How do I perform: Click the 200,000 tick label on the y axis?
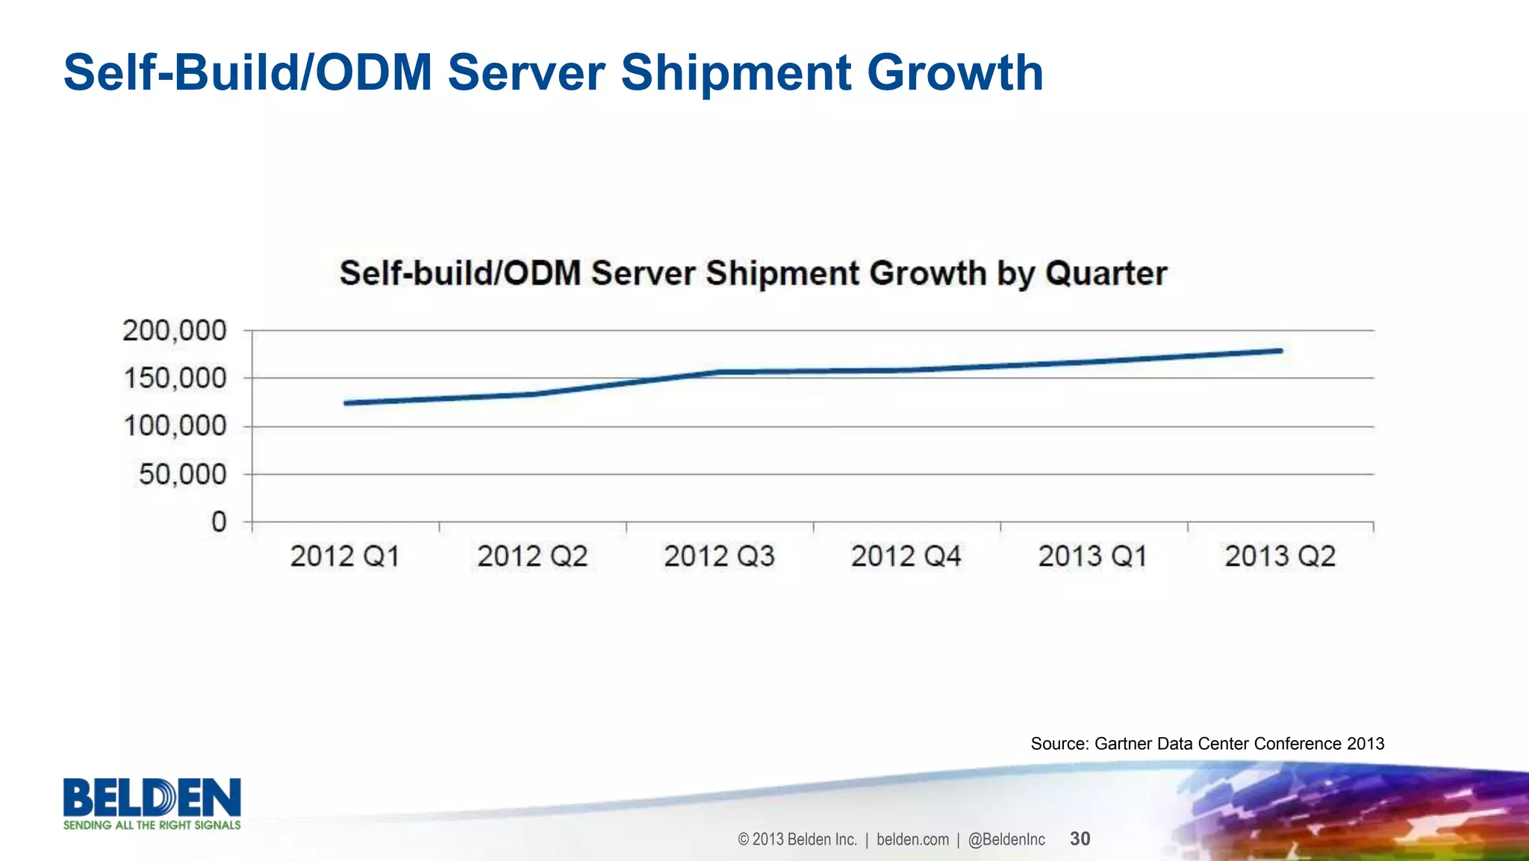pyautogui.click(x=174, y=331)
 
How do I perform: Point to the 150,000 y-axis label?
pyautogui.click(x=174, y=379)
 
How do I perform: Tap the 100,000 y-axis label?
pyautogui.click(x=174, y=426)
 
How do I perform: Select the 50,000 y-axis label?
pyautogui.click(x=182, y=474)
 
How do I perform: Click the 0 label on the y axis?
pyautogui.click(x=219, y=522)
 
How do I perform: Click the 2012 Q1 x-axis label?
pyautogui.click(x=345, y=556)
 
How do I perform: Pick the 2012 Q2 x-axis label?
pyautogui.click(x=532, y=556)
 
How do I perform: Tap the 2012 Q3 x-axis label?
pyautogui.click(x=720, y=556)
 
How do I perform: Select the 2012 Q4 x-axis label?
pyautogui.click(x=906, y=556)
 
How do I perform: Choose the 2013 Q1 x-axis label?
pyautogui.click(x=1093, y=556)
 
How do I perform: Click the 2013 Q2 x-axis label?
pyautogui.click(x=1280, y=556)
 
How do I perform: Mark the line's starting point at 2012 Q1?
pyautogui.click(x=346, y=403)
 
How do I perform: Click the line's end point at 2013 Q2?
pyautogui.click(x=1280, y=350)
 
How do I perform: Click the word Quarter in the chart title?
pyautogui.click(x=1106, y=274)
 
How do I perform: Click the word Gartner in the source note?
pyautogui.click(x=1123, y=744)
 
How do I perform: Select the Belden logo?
pyautogui.click(x=152, y=804)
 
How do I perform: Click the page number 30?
pyautogui.click(x=1080, y=839)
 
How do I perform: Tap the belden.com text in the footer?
pyautogui.click(x=912, y=839)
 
